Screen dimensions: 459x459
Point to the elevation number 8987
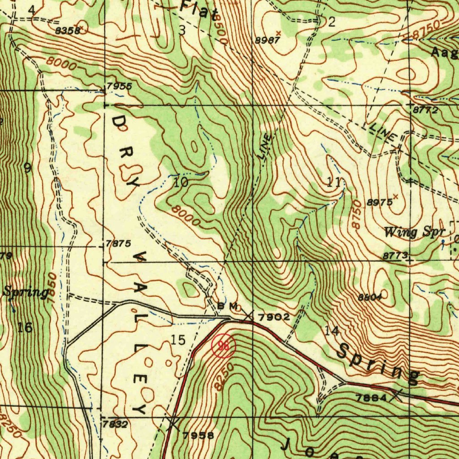(268, 40)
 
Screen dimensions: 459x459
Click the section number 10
(181, 182)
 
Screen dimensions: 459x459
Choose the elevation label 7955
(119, 86)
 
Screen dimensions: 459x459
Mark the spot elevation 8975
(379, 203)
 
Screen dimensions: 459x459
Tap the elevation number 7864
(370, 398)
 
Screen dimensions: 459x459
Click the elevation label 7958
(198, 434)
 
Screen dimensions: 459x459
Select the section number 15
(178, 340)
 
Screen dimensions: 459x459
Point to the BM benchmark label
(226, 306)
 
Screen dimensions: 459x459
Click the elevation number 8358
(68, 30)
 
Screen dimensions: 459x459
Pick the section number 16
(25, 328)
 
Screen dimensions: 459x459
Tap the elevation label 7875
(119, 244)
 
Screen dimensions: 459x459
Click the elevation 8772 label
(425, 110)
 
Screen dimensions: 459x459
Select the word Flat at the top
(199, 10)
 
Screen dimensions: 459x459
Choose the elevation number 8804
(370, 297)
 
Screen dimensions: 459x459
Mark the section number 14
(332, 331)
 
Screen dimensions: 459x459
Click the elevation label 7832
(115, 424)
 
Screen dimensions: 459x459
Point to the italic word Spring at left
(26, 293)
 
